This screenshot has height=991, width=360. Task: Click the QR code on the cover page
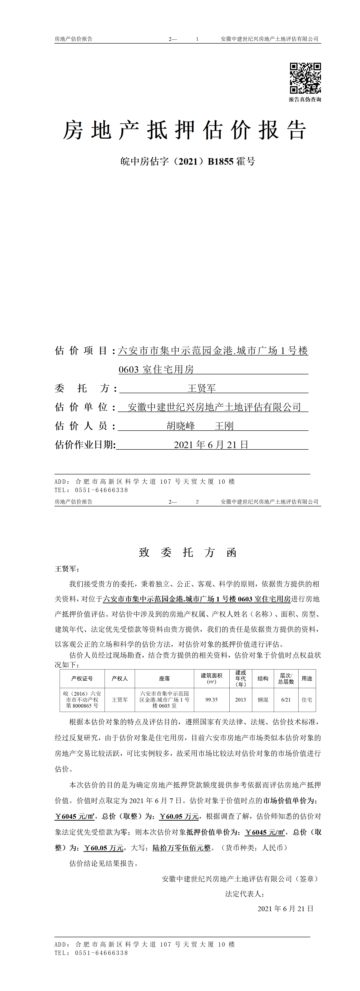pyautogui.click(x=305, y=78)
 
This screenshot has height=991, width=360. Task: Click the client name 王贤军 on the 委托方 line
pyautogui.click(x=201, y=388)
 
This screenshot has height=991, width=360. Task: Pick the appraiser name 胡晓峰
pyautogui.click(x=181, y=426)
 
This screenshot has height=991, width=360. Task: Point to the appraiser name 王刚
pyautogui.click(x=224, y=426)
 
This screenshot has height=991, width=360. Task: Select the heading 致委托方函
pyautogui.click(x=188, y=552)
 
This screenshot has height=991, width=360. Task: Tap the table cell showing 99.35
pyautogui.click(x=212, y=699)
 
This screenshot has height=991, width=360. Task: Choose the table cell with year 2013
pyautogui.click(x=240, y=699)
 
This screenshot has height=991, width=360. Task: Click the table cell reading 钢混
pyautogui.click(x=263, y=699)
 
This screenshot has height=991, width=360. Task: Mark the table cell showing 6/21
pyautogui.click(x=286, y=699)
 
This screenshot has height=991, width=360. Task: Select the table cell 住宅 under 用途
pyautogui.click(x=307, y=699)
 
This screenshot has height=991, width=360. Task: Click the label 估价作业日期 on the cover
pyautogui.click(x=85, y=445)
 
